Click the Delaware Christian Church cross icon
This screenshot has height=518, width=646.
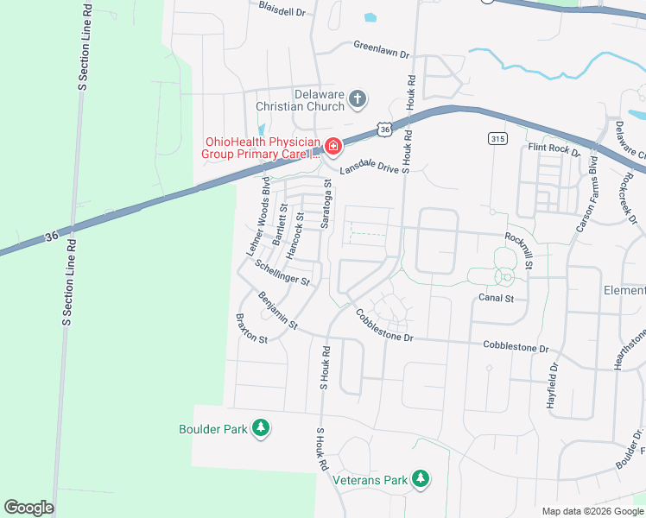click(358, 100)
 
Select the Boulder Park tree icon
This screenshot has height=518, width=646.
click(261, 427)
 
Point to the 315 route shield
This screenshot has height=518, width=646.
click(497, 139)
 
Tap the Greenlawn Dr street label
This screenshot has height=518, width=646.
click(381, 49)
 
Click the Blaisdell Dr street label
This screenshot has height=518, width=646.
click(282, 9)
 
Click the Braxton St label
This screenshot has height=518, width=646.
click(251, 329)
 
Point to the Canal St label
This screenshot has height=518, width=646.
click(496, 299)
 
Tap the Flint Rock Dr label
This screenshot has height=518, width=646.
click(554, 148)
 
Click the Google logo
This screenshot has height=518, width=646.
click(28, 508)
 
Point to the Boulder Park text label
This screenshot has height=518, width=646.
click(212, 428)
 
